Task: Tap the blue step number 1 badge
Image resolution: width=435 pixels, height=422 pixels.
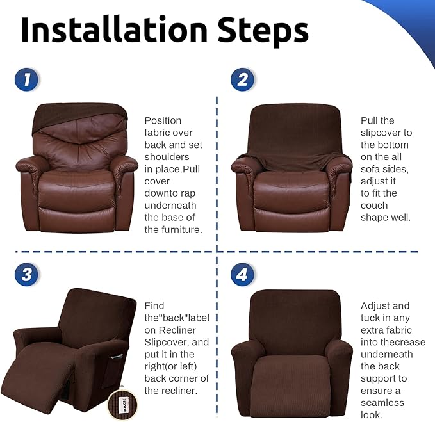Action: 27,80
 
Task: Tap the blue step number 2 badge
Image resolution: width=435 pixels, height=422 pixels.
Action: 242,80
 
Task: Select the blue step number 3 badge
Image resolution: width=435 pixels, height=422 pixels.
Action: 27,275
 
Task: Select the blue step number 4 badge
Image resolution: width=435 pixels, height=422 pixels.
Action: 242,275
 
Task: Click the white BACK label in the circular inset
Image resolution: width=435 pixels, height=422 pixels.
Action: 124,403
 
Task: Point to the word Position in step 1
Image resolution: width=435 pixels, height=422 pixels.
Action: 163,120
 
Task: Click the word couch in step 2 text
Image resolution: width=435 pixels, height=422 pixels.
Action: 374,206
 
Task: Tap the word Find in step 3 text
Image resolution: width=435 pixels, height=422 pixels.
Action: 154,305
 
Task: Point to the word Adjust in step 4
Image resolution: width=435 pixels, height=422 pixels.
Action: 376,305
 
